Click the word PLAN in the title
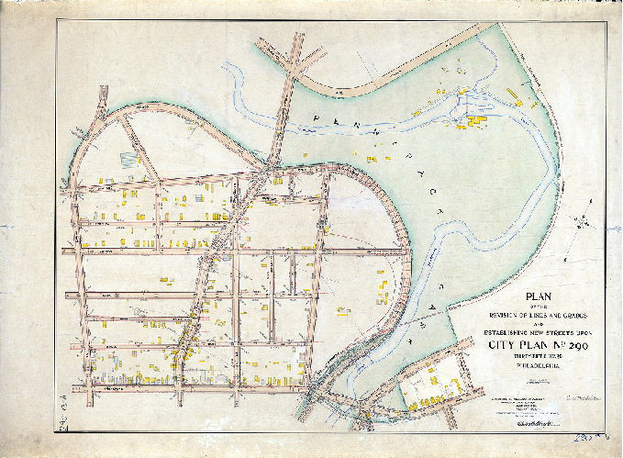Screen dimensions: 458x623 click(539, 296)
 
